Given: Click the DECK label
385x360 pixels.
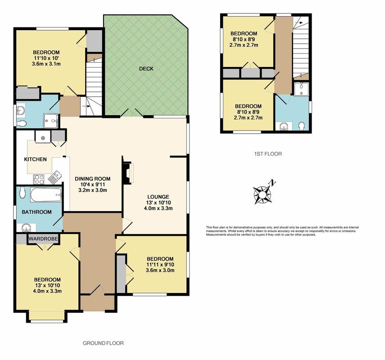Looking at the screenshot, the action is pos(146,69).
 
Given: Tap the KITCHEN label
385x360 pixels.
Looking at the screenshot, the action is pos(36,159).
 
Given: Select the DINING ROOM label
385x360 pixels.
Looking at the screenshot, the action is pos(93,179).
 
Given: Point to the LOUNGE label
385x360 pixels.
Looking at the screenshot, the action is pos(158,197).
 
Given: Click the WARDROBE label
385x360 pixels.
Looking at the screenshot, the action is pos(44,238).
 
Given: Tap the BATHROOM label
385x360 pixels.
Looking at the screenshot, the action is pos(36,212).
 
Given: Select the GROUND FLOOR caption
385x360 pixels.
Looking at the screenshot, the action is pos(103,343).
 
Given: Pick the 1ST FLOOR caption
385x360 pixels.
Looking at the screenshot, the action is pos(268,154).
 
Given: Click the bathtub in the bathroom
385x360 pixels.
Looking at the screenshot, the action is pos(46,195).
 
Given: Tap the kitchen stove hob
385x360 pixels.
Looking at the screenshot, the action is pos(39,180).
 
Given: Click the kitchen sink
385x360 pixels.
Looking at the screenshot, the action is pos(55,177).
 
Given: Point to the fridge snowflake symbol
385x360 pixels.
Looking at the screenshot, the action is pos(43,138).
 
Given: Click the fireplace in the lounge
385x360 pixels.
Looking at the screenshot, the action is pos(128,173).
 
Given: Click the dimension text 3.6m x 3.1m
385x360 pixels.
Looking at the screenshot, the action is pos(46,64).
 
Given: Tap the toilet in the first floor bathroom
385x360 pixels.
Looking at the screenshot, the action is pos(302,126).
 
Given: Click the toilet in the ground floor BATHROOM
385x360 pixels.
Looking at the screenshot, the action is pos(23,192).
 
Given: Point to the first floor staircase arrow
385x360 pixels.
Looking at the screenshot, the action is pos(299,22).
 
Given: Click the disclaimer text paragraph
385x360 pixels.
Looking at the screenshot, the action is pos(282,231).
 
